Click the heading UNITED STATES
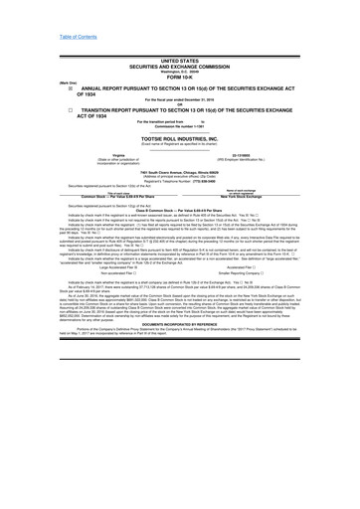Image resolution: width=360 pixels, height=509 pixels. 179,33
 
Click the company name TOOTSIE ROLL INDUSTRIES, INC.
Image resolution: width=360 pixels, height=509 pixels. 179,137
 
